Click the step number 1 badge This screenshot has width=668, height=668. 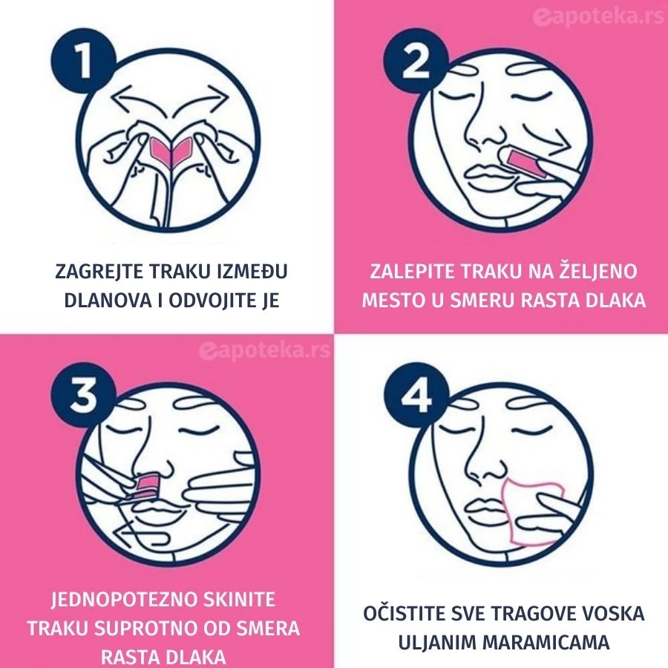pos(83,60)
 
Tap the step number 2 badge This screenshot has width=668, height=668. pos(416,60)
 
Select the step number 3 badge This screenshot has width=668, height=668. pos(83,395)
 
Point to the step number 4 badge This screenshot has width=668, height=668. pos(416,395)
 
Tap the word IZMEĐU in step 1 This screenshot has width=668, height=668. pos(252,272)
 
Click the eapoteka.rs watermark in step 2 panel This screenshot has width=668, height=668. pos(597,17)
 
